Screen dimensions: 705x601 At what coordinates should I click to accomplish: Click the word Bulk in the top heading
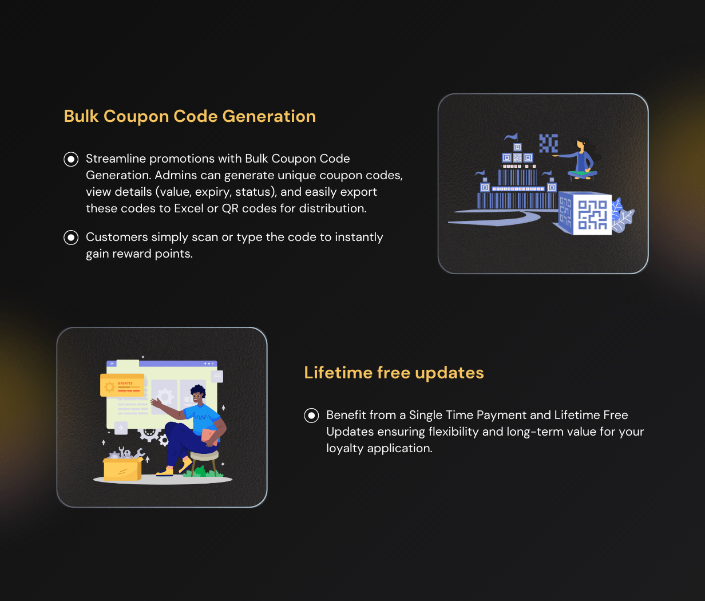coord(81,116)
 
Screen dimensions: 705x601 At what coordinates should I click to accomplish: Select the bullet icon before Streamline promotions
coord(71,159)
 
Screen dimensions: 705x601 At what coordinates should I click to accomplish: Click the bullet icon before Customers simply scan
coord(71,238)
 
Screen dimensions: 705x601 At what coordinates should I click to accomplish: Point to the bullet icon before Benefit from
coord(311,416)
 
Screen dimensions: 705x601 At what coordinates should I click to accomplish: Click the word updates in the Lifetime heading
coord(449,373)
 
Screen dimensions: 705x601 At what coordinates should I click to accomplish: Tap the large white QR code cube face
coord(592,215)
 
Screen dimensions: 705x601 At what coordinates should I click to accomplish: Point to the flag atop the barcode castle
coord(512,137)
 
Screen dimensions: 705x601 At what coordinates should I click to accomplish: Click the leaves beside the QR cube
coord(623,216)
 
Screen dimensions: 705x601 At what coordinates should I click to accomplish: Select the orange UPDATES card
coord(122,385)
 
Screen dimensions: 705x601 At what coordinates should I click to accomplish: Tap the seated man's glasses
coord(196,396)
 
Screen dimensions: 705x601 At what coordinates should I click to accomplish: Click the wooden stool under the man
coord(204,462)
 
